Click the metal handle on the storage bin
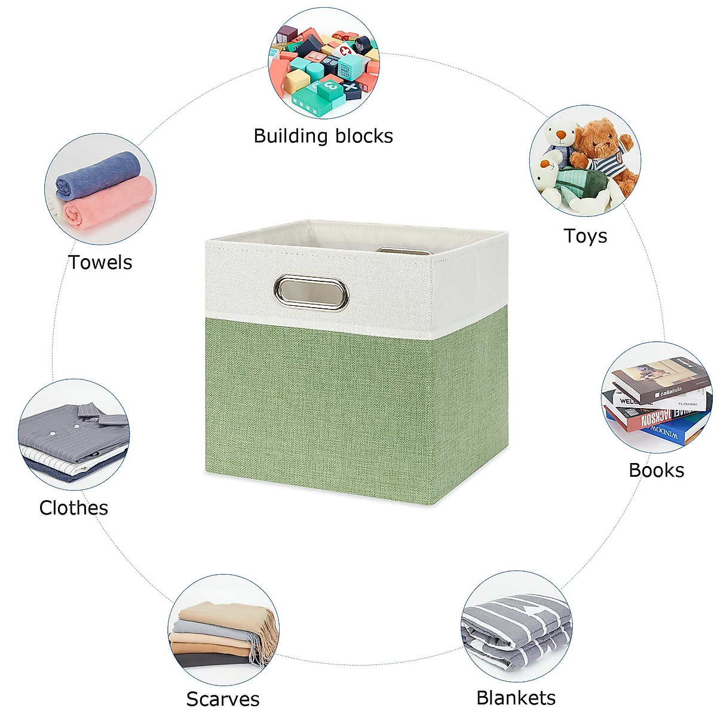point(312,292)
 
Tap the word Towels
point(100,262)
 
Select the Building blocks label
point(323,136)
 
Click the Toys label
point(585,236)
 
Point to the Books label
point(656,470)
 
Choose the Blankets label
point(516,697)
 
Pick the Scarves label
point(222,698)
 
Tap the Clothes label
point(73,508)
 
